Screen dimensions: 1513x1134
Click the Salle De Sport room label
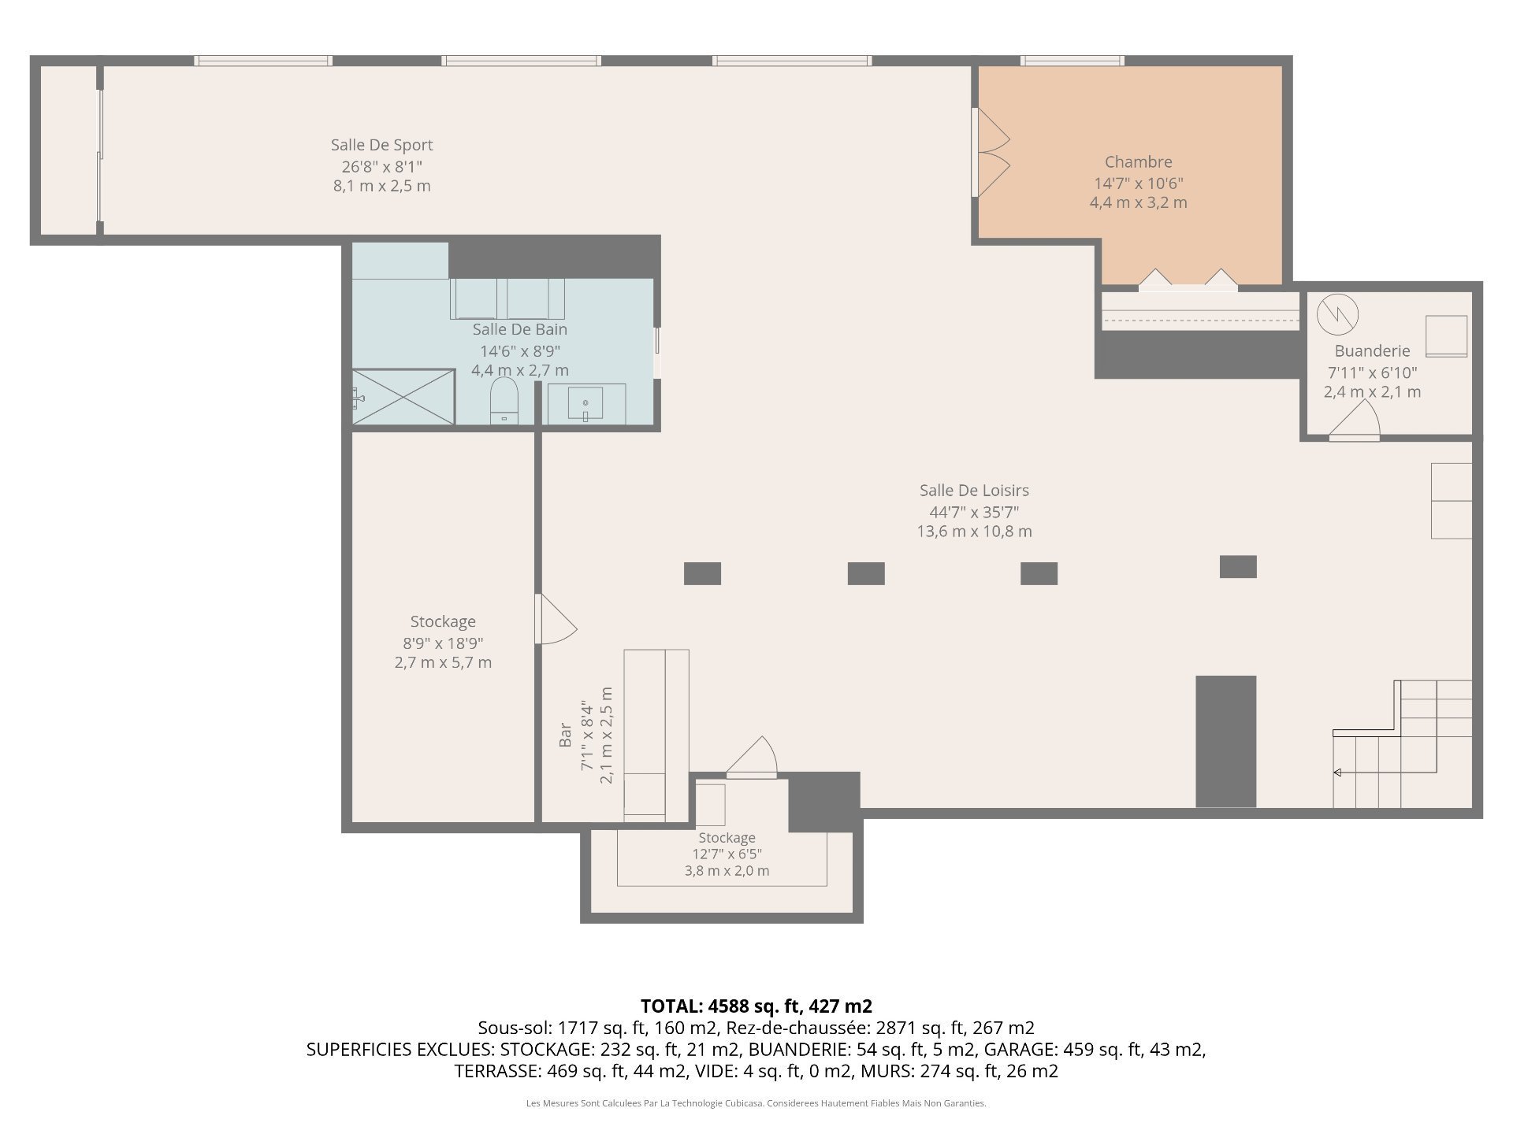[x=381, y=145]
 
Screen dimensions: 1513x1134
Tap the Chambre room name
[x=1138, y=162]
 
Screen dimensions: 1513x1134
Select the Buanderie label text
[x=1372, y=351]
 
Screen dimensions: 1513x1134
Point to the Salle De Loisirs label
[x=974, y=491]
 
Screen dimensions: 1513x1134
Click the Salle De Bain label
[x=519, y=329]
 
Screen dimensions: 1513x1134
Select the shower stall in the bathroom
[x=403, y=396]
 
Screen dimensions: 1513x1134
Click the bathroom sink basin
[x=585, y=403]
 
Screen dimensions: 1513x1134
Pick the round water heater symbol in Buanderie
[x=1337, y=314]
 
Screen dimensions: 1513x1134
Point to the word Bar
[x=565, y=735]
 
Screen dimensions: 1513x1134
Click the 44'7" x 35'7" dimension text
[x=974, y=511]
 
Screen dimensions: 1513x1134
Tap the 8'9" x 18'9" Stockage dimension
[x=443, y=643]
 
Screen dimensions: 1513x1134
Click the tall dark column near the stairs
[x=1225, y=741]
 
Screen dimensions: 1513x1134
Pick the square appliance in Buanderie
[x=1446, y=336]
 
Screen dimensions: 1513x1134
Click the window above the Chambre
[x=1072, y=61]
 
